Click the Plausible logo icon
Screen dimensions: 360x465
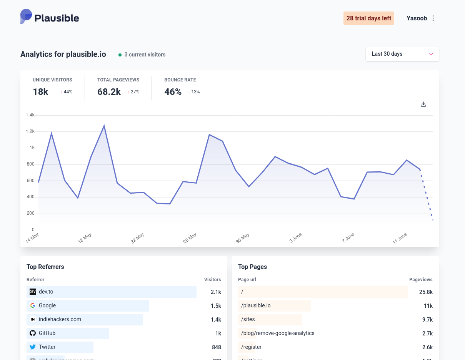[26, 17]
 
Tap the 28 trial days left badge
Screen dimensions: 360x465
[368, 18]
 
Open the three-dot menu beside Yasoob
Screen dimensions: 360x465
[433, 18]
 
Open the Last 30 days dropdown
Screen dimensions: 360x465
[402, 54]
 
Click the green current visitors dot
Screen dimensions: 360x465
[120, 55]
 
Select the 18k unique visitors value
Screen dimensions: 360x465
[40, 92]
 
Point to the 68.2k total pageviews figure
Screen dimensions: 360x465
[109, 92]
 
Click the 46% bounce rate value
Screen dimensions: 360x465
[173, 92]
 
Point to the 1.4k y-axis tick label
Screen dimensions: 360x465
[30, 115]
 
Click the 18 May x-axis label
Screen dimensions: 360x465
[85, 238]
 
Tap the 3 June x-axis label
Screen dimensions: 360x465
[296, 238]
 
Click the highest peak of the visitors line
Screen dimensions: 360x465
[104, 126]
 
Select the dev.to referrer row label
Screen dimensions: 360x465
[46, 292]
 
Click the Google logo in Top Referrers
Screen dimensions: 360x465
[33, 305]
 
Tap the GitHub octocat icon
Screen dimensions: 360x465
[33, 333]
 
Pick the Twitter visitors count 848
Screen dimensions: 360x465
[216, 347]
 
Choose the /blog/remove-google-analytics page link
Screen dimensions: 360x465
[278, 333]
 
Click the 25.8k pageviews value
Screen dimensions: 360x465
[426, 292]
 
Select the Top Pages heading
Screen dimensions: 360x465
[252, 267]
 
